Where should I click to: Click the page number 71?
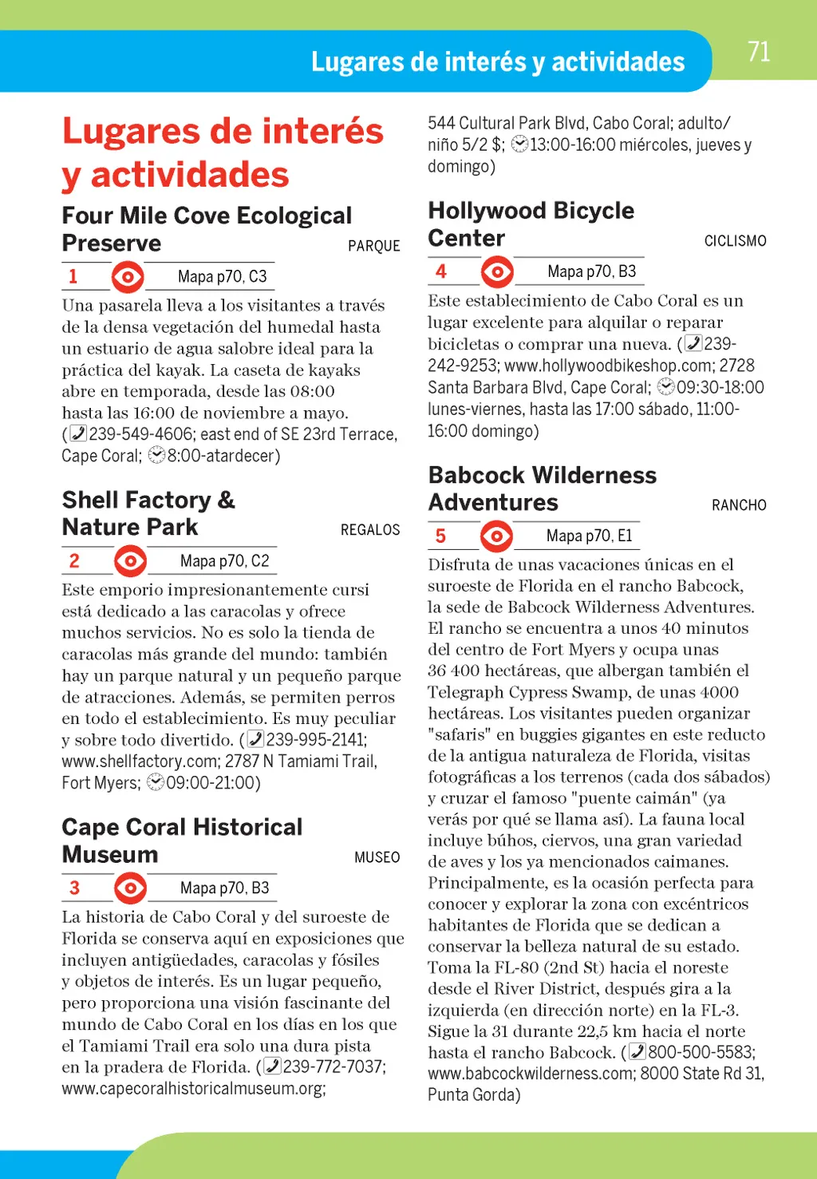click(x=759, y=53)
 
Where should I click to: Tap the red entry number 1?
click(x=73, y=276)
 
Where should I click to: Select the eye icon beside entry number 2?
click(x=130, y=561)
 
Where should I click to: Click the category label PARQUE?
click(x=373, y=246)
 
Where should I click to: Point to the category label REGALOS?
click(x=370, y=530)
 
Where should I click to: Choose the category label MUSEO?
click(x=377, y=857)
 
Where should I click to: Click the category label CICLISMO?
click(x=735, y=241)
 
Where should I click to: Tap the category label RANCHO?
click(x=739, y=505)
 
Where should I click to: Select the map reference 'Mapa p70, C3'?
click(x=222, y=277)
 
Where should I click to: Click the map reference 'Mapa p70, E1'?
click(x=589, y=536)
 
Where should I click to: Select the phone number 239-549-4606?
click(x=141, y=434)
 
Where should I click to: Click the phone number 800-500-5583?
click(x=700, y=1052)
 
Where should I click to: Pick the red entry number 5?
click(x=440, y=536)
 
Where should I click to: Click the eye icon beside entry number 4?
click(x=497, y=272)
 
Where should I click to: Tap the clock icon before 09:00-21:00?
click(x=156, y=782)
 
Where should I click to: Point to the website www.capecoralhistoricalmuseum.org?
click(x=193, y=1089)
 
